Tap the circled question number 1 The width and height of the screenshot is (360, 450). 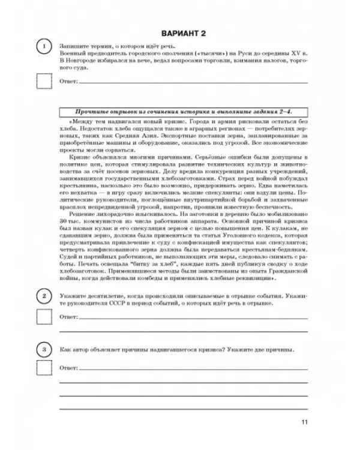pyautogui.click(x=44, y=49)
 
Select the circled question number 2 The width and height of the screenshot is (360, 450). pyautogui.click(x=44, y=296)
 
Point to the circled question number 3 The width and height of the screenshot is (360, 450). pyautogui.click(x=44, y=349)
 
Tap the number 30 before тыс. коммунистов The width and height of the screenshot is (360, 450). pyautogui.click(x=64, y=223)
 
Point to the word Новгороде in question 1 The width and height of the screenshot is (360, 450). pyautogui.click(x=82, y=62)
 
